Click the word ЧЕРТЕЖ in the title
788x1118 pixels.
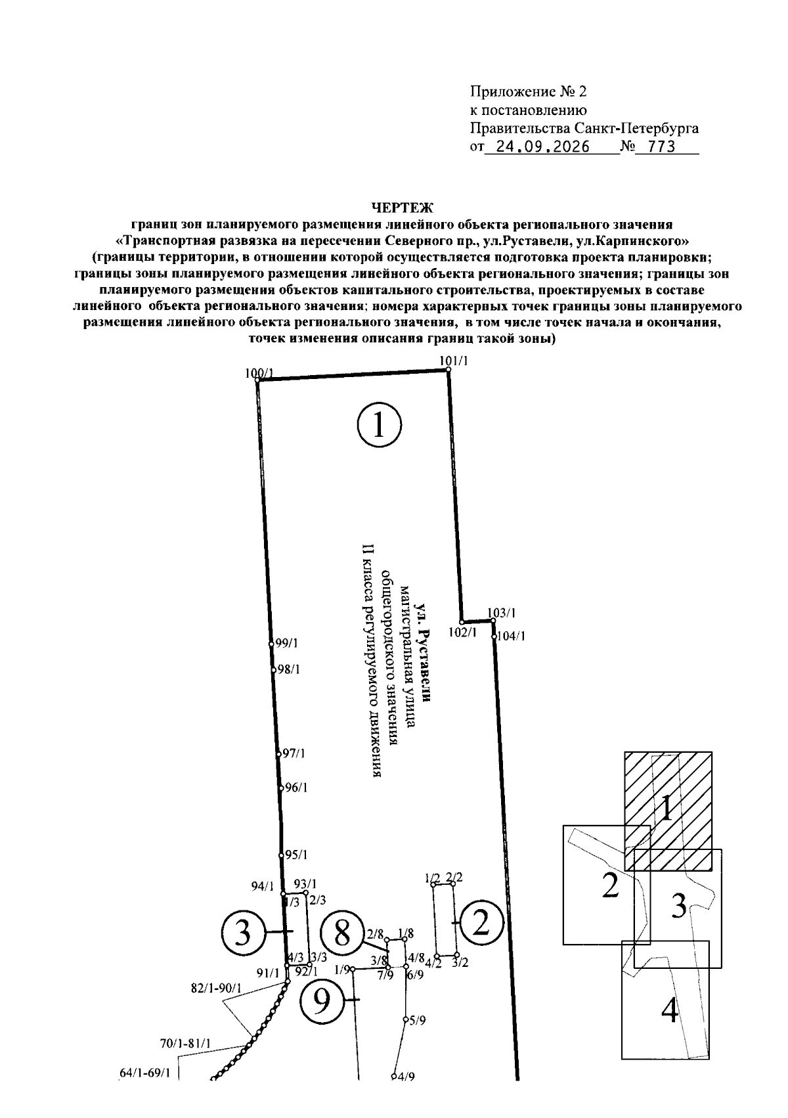[403, 207]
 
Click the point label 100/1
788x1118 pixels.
[259, 373]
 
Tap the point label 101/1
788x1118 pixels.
[454, 361]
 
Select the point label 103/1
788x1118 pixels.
[502, 613]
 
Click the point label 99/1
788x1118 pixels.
[286, 644]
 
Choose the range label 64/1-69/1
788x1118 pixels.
[145, 1073]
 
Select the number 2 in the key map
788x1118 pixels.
[610, 886]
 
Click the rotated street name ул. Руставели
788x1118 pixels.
[424, 654]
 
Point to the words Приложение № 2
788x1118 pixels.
[529, 92]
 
